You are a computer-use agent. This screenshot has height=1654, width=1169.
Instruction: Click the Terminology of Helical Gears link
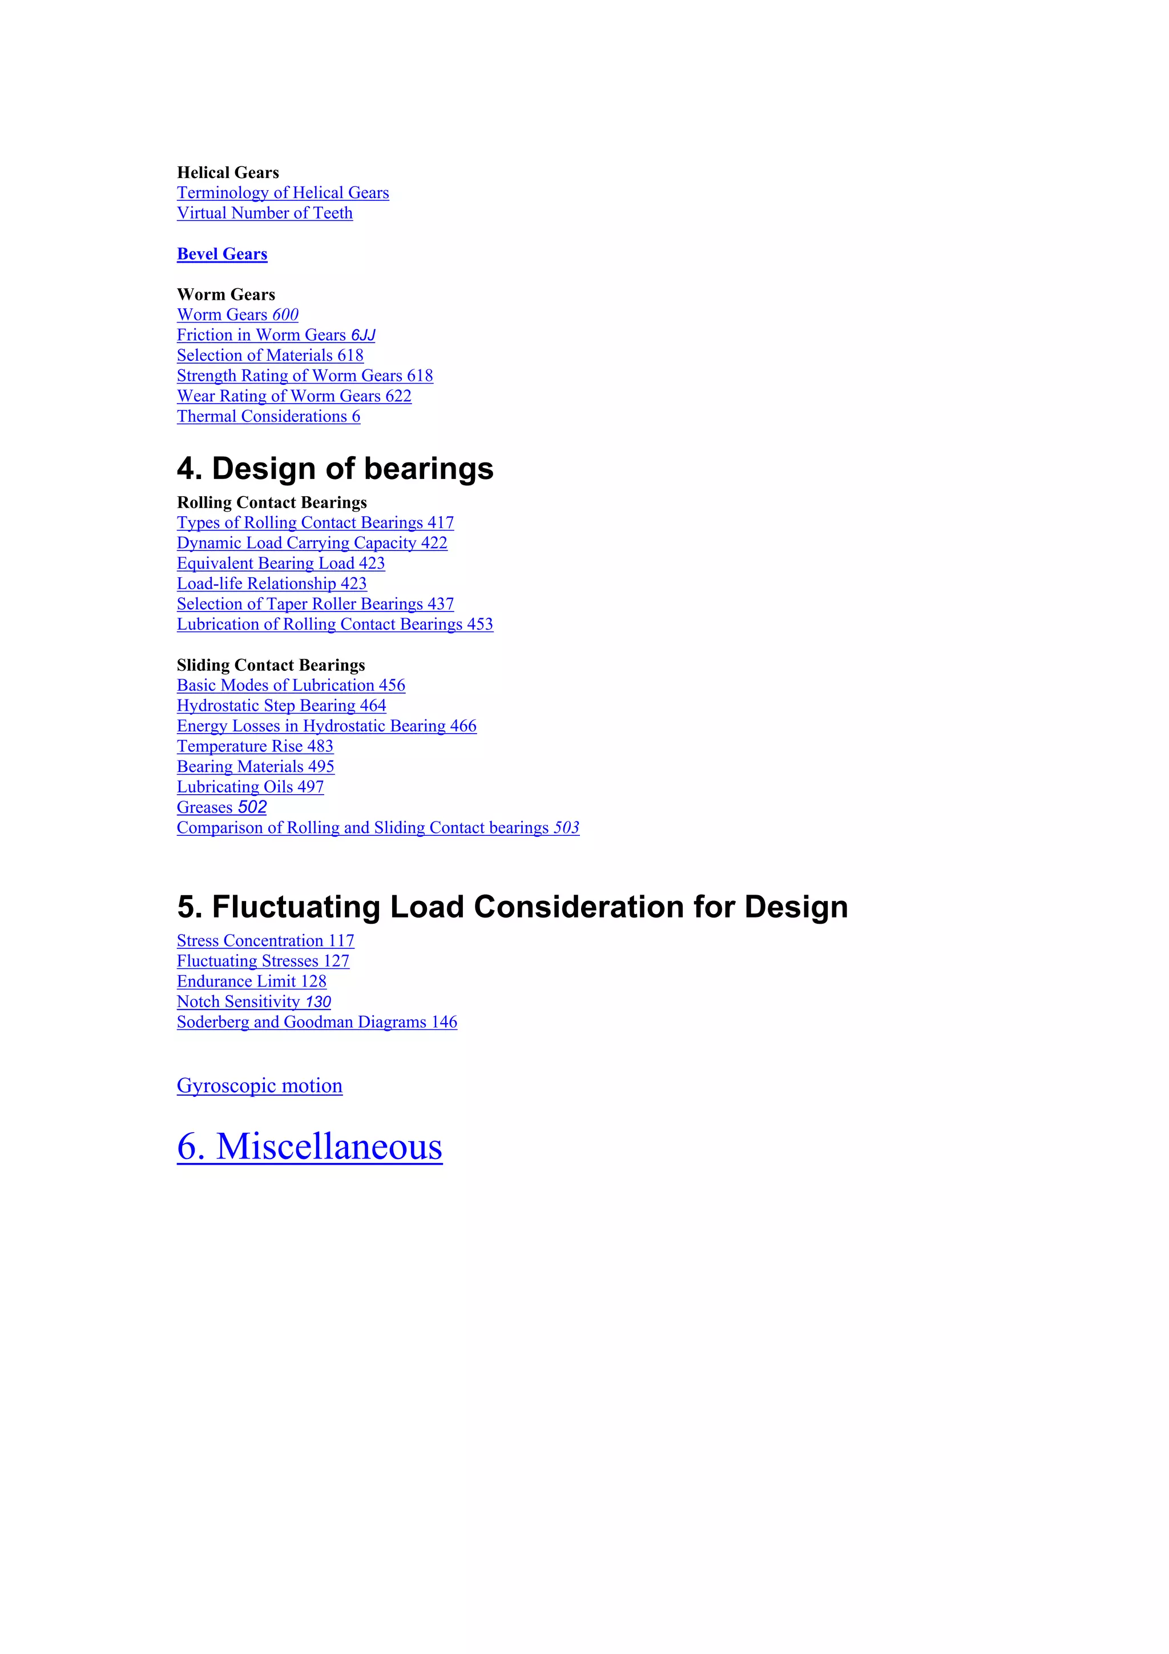tap(283, 193)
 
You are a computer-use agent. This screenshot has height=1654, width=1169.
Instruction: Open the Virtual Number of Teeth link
tap(264, 213)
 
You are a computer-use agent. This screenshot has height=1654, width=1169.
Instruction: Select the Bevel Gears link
tap(222, 254)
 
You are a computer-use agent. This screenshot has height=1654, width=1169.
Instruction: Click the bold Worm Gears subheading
tap(225, 295)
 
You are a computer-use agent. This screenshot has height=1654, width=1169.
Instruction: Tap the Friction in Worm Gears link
tap(276, 335)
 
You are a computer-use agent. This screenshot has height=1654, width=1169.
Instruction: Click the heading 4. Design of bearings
tap(335, 469)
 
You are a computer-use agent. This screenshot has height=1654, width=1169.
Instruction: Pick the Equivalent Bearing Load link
tap(280, 564)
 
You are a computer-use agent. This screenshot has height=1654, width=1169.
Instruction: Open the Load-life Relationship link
tap(272, 583)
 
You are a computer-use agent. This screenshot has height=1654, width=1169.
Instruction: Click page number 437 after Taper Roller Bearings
tap(441, 603)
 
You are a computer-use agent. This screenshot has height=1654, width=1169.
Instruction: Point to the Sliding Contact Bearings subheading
tap(271, 665)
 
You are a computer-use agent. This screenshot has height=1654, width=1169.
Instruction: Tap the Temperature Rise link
tap(255, 746)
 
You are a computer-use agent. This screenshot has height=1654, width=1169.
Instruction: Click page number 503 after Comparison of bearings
tap(566, 828)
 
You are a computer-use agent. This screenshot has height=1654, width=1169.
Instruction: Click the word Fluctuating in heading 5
tap(296, 907)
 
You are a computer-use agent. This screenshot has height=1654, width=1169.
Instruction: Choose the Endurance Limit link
tap(251, 981)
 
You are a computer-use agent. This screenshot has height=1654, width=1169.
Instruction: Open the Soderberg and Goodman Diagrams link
tap(317, 1022)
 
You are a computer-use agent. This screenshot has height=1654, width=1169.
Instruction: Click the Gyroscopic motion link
tap(259, 1085)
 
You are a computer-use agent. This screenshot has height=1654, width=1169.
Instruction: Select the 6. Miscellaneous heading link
tap(310, 1147)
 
